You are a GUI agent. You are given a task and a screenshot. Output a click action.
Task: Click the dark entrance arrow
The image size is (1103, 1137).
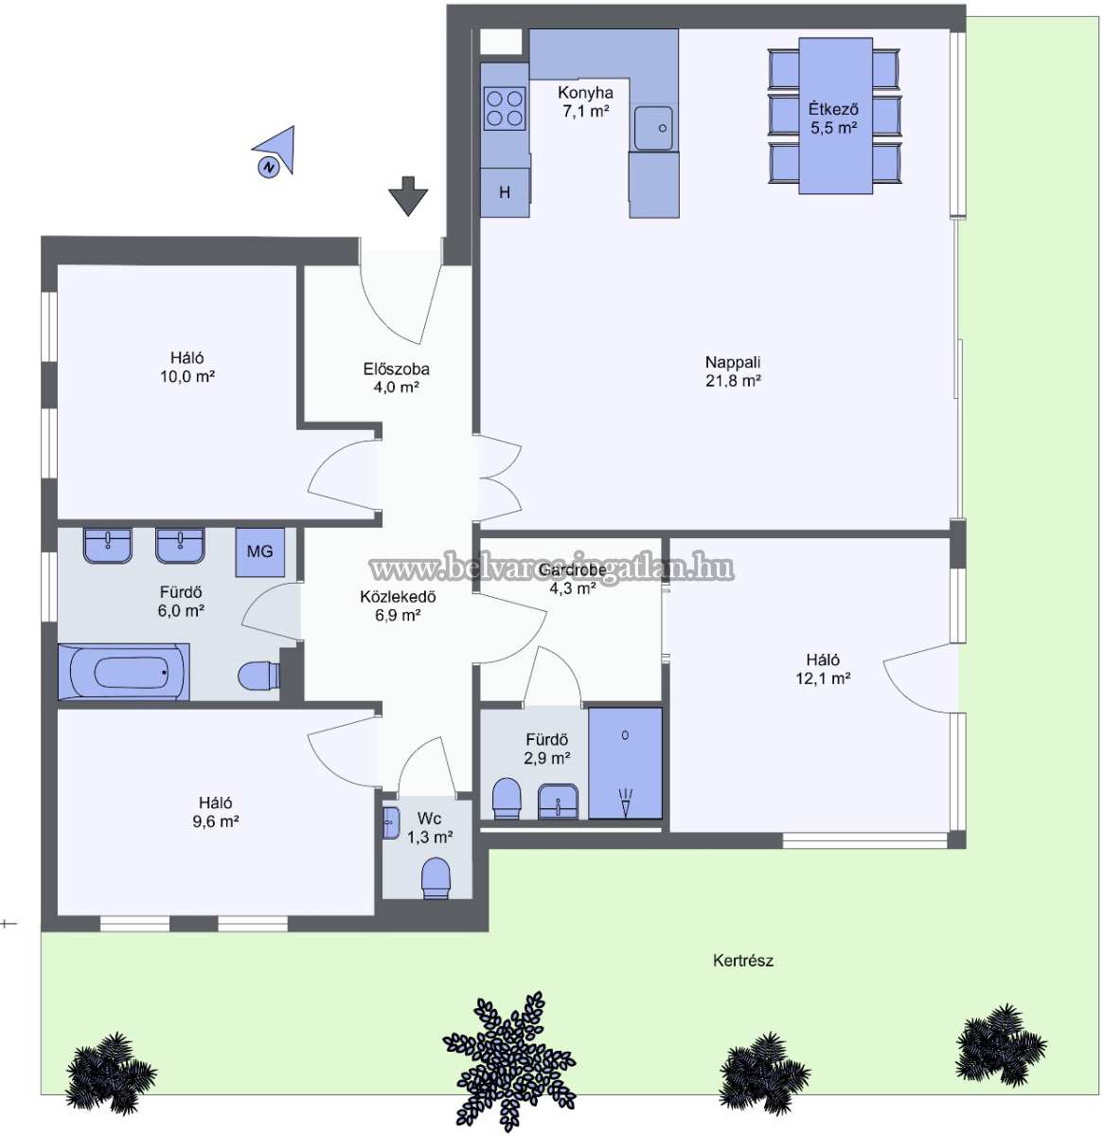408,196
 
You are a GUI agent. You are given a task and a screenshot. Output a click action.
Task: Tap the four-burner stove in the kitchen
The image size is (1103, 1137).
505,109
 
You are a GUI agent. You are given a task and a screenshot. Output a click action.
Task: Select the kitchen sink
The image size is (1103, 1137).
653,128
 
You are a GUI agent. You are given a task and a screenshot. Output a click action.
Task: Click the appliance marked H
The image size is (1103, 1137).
505,192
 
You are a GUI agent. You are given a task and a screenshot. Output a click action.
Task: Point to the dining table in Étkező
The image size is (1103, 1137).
836,116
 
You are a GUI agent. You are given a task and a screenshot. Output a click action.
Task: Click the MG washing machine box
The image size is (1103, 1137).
259,552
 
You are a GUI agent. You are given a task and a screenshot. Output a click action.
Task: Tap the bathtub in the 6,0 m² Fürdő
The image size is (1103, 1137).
124,672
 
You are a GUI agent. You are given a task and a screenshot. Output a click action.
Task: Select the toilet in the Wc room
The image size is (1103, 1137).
436,878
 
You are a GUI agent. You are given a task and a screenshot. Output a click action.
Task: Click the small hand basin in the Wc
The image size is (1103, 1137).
391,823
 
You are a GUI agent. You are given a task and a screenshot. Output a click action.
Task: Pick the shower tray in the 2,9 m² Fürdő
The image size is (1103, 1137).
625,763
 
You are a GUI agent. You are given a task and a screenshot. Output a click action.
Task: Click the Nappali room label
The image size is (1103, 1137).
733,362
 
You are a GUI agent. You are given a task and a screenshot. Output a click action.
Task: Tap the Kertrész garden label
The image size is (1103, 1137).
742,961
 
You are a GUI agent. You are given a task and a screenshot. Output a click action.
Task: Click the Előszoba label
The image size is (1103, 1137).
397,370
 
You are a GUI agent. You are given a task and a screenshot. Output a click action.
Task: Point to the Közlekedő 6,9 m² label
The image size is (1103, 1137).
399,605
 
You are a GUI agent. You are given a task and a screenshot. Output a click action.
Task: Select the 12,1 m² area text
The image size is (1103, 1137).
823,678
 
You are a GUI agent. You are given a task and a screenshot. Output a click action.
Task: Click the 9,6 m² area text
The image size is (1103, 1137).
216,821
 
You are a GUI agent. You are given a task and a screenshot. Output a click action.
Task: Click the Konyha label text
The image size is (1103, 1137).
586,93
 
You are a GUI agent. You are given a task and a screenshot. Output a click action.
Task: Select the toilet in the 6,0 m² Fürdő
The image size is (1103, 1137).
259,676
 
